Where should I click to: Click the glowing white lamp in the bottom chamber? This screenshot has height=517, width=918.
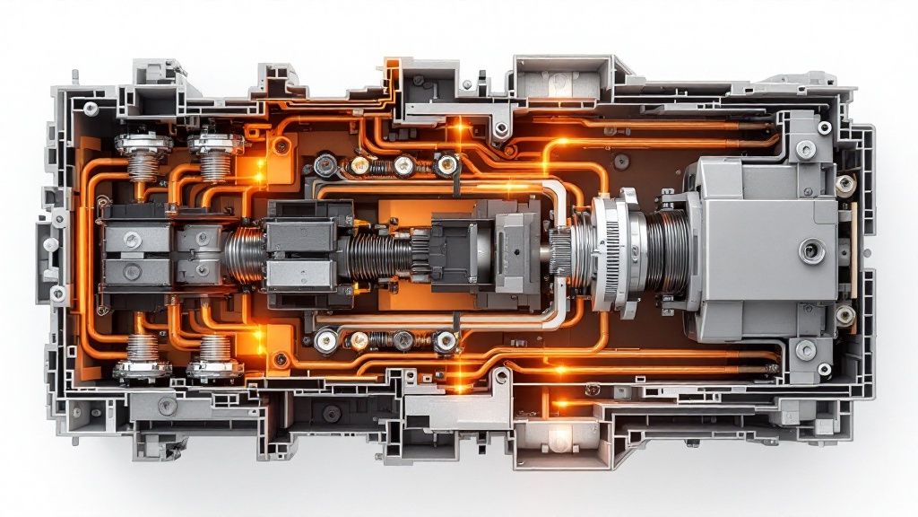click(560, 439)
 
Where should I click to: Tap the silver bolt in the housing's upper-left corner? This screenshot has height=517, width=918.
click(91, 109)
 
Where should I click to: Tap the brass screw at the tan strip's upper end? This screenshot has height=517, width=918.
click(844, 184)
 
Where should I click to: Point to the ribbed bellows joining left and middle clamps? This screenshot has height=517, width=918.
click(244, 250)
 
